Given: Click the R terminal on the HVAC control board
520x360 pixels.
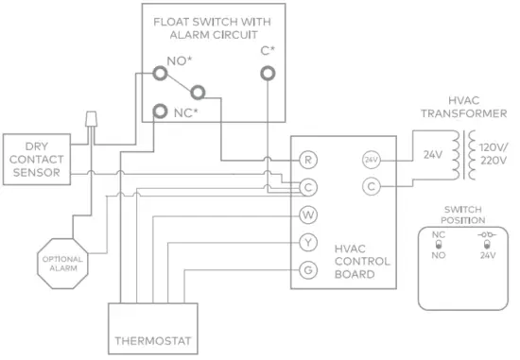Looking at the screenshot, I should pyautogui.click(x=307, y=160).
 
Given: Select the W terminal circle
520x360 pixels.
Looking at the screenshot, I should pyautogui.click(x=307, y=214).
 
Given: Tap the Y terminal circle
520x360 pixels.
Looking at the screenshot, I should pyautogui.click(x=307, y=243).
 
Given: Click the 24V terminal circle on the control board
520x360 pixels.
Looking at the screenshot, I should pyautogui.click(x=371, y=160).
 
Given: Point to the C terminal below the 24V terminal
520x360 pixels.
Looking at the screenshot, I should pyautogui.click(x=371, y=187).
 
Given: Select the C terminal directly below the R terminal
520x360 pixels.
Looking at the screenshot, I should pyautogui.click(x=307, y=187).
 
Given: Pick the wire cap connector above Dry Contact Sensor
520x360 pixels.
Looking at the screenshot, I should pyautogui.click(x=92, y=120).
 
